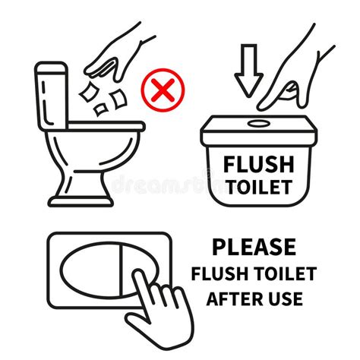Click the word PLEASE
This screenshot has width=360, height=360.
254,247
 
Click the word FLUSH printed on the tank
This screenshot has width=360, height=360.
257,165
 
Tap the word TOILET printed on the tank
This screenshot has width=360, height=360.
257,187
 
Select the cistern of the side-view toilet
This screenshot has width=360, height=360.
52,99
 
